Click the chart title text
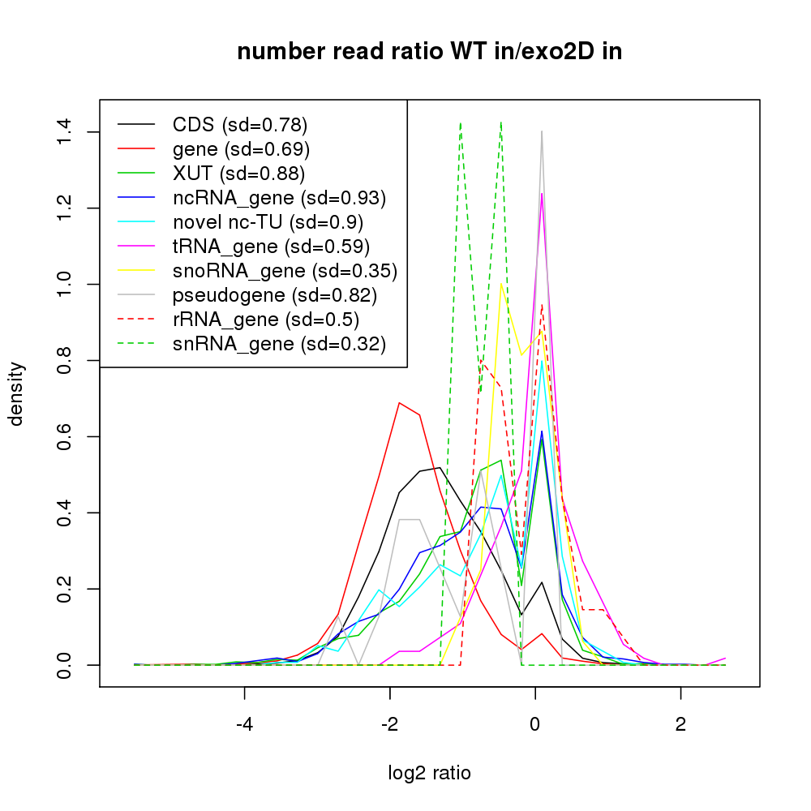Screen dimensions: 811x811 [x=429, y=52]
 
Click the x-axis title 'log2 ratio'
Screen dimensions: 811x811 [x=429, y=773]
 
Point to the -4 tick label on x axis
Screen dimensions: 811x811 [x=244, y=721]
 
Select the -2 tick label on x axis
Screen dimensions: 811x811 [x=389, y=721]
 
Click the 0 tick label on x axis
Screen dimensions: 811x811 [x=534, y=721]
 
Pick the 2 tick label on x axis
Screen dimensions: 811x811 [x=680, y=721]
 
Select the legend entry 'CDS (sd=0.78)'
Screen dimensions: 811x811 [x=240, y=125]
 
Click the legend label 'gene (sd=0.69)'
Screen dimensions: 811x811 [x=241, y=149]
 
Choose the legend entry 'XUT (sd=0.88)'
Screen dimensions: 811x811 [x=238, y=174]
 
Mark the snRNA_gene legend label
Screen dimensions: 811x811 [x=279, y=344]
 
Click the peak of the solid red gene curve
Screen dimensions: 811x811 [x=399, y=402]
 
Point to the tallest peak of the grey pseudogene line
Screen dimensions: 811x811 [x=542, y=131]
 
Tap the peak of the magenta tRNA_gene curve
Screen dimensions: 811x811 [x=542, y=193]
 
